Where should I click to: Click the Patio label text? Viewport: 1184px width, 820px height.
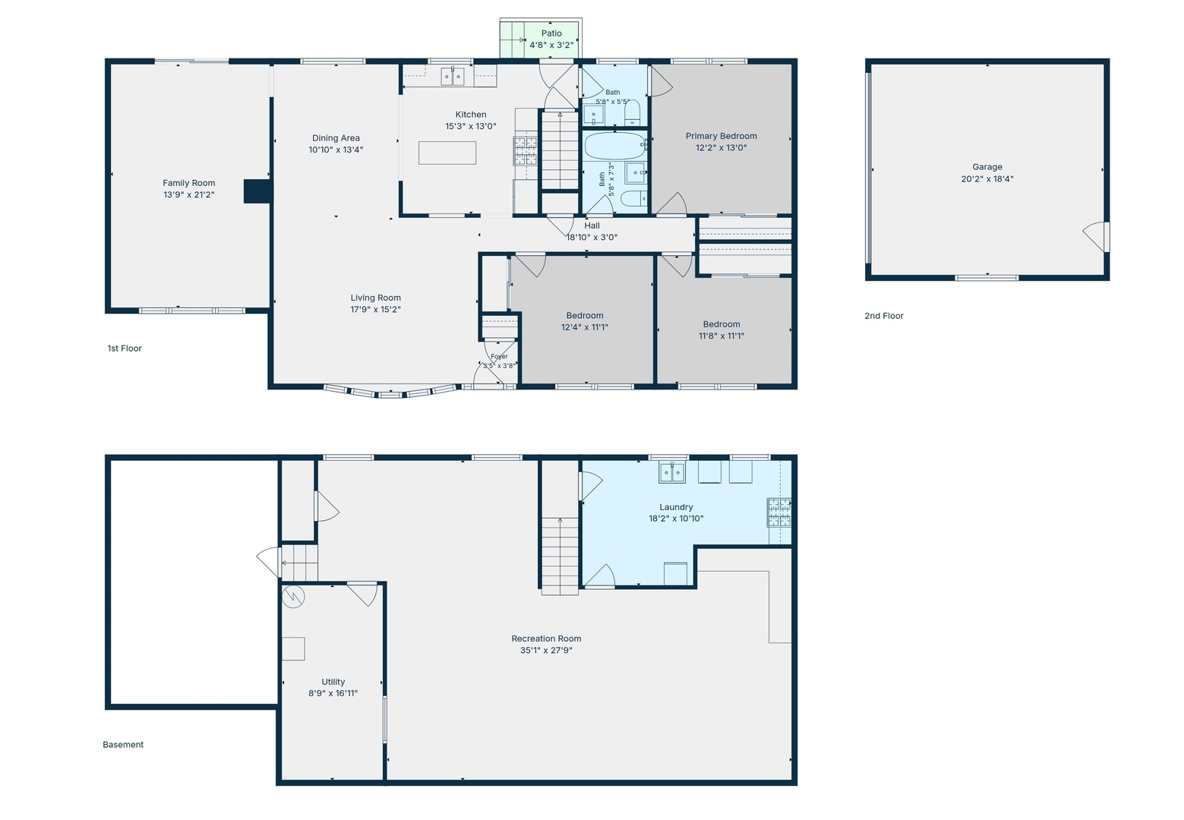pos(551,33)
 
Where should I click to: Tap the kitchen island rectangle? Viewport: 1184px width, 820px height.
pos(447,153)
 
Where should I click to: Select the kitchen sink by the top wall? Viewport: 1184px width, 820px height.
pos(453,76)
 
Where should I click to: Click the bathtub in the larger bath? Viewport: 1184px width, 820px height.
pos(614,146)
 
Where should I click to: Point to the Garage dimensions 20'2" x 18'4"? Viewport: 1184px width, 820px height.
pos(987,178)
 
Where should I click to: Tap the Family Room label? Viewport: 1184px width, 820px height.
pos(188,183)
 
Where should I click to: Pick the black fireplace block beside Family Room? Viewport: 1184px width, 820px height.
pos(257,191)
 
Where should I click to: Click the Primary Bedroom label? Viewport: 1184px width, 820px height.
pos(721,136)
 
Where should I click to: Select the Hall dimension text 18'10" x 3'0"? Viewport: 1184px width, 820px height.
pos(592,237)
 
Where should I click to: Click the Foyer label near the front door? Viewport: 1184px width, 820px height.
pos(499,356)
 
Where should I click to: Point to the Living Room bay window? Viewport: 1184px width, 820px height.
pos(390,392)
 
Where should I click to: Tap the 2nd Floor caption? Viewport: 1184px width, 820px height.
pos(884,316)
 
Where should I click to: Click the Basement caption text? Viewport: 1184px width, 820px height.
pos(123,744)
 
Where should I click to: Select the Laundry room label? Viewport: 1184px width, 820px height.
pos(676,506)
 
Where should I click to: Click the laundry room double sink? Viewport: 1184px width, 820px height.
pos(672,471)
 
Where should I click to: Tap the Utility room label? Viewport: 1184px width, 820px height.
pos(333,682)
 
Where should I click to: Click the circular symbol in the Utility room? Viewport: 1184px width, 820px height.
pos(293,597)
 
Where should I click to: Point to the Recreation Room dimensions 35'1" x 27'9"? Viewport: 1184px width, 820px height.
pos(546,650)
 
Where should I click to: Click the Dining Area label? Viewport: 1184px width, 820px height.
pos(336,138)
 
